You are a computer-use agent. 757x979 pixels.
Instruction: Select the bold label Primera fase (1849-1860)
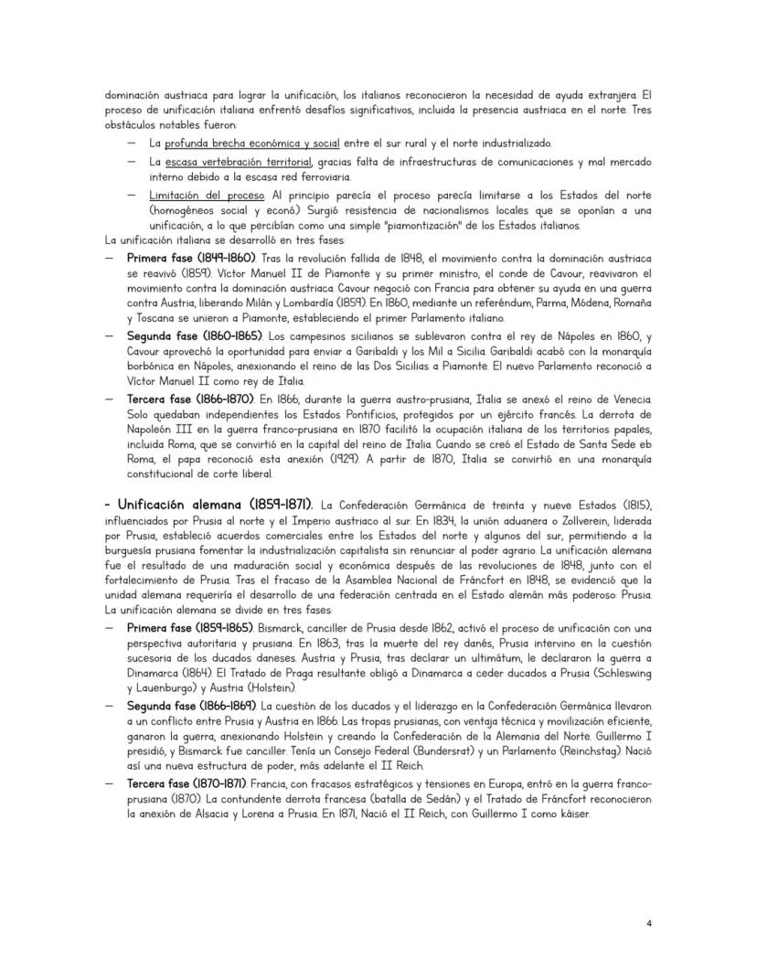[x=192, y=259]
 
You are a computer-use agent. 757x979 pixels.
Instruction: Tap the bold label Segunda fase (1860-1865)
[x=193, y=336]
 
